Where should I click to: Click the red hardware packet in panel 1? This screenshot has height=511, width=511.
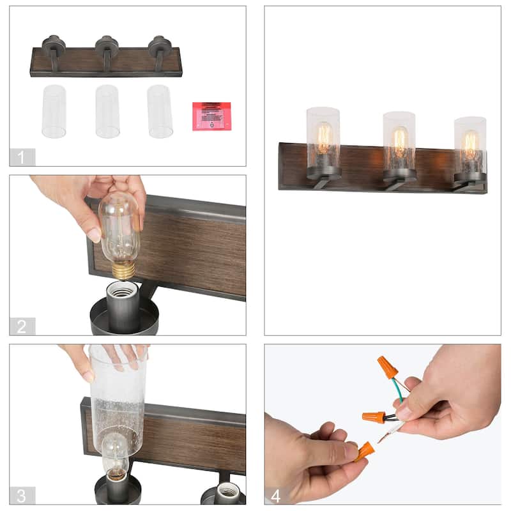click(x=211, y=116)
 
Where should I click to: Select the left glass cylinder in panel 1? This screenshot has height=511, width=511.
click(x=54, y=111)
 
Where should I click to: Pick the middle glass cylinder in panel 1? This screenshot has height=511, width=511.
click(x=107, y=111)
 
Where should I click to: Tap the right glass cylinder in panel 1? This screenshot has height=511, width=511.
click(x=160, y=111)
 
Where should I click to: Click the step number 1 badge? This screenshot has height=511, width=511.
click(x=22, y=156)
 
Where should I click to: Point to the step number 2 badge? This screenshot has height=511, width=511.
click(x=22, y=326)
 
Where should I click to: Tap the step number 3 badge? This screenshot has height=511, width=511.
click(x=22, y=495)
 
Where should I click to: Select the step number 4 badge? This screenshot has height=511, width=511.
click(x=276, y=495)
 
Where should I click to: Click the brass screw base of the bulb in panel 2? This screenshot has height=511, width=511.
click(x=123, y=270)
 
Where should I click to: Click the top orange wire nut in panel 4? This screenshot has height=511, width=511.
click(x=387, y=367)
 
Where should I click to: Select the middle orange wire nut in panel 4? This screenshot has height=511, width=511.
click(x=374, y=417)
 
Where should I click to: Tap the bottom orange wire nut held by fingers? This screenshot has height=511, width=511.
click(x=364, y=451)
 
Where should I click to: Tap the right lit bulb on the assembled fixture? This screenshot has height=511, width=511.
click(x=470, y=145)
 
